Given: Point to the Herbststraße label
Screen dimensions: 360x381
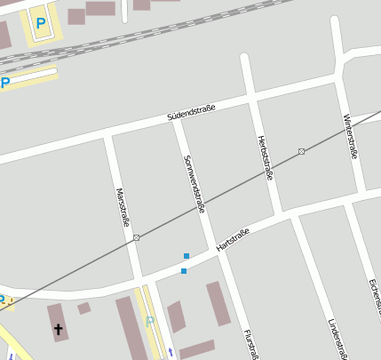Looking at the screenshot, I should click(264, 157).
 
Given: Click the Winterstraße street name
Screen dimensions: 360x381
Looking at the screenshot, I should click(349, 137).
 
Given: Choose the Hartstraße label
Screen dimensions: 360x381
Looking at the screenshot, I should click(233, 238).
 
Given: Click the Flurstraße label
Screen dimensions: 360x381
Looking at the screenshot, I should click(251, 344).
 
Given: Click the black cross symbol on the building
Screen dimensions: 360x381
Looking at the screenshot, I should click(60, 330).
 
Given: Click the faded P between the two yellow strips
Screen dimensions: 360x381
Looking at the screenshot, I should click(150, 321).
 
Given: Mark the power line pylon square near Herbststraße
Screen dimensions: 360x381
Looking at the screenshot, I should click(302, 151).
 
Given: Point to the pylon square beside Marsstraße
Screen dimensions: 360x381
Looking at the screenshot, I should click(137, 237).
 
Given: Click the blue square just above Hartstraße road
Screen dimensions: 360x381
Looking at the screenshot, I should click(187, 255).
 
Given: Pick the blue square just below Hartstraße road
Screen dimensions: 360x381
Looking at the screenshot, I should click(184, 270).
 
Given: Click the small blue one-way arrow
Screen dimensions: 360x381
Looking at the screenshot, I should click(171, 351).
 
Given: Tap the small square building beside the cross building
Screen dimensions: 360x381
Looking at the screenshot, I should click(83, 308).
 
